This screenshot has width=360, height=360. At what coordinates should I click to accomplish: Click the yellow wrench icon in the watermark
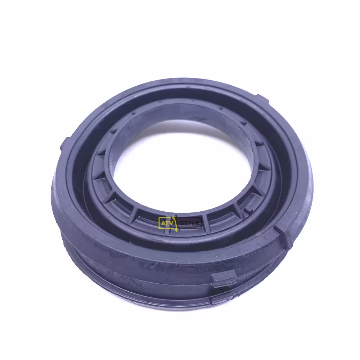click(175, 223)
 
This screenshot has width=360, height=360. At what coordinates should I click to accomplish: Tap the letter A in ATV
click(163, 223)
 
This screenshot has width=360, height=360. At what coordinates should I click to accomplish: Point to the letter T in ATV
click(167, 223)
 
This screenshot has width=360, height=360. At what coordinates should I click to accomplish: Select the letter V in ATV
click(170, 223)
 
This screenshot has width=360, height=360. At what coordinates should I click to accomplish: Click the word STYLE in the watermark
click(190, 223)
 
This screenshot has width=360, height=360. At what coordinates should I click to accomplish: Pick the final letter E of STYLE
click(198, 223)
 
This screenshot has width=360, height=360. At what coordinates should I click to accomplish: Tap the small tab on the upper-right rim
click(262, 99)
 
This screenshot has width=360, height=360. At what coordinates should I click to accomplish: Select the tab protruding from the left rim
click(64, 143)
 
